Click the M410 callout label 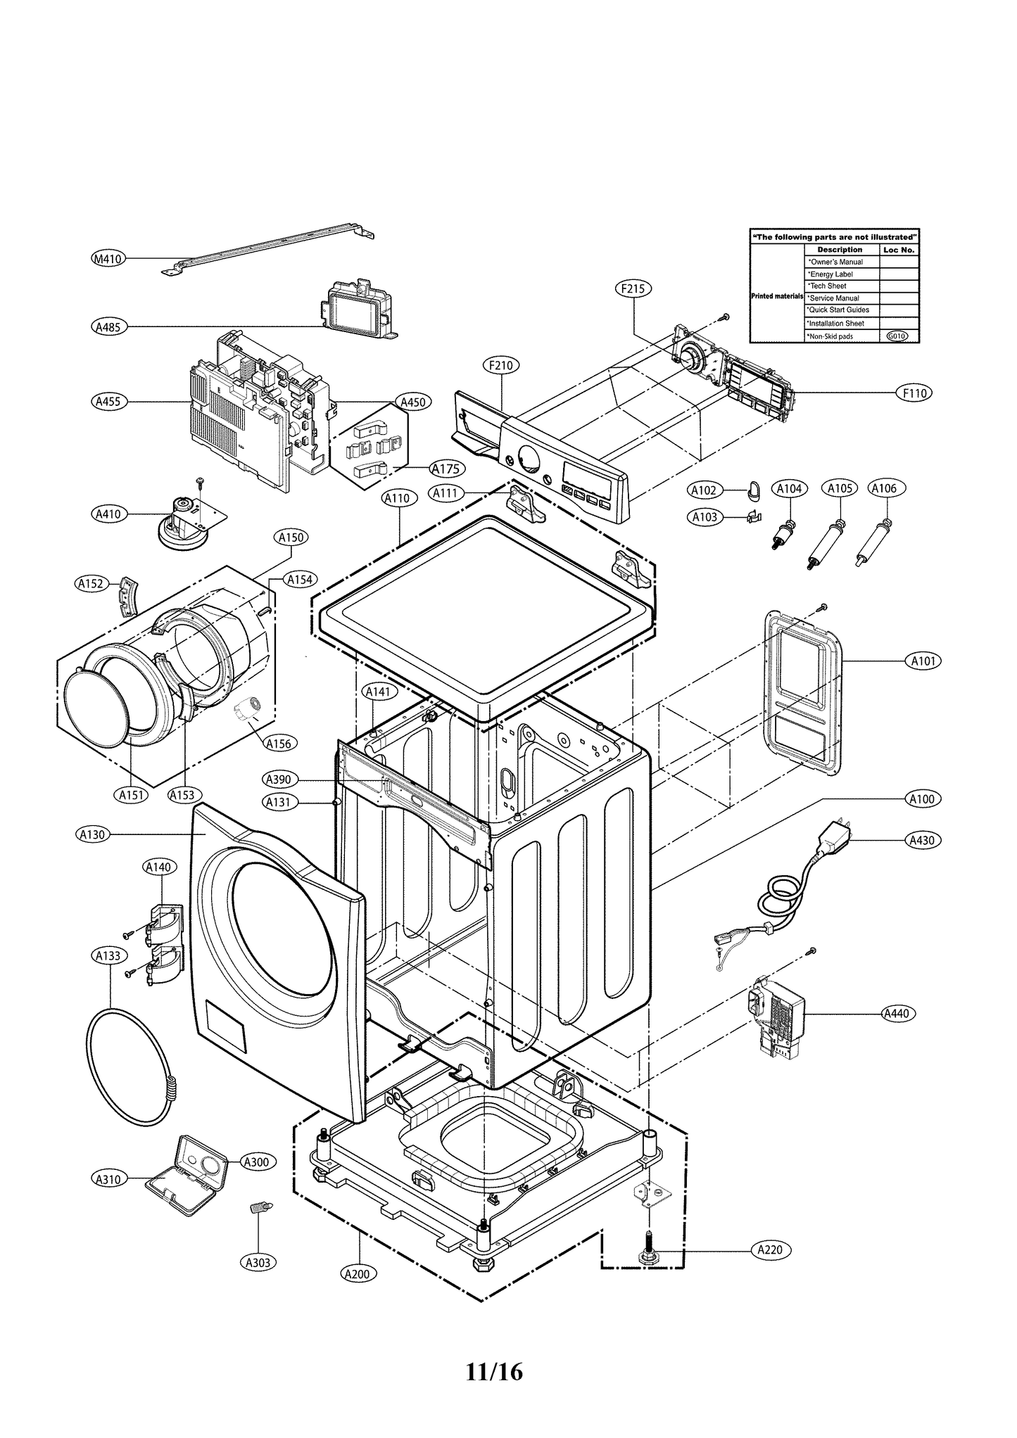tap(108, 259)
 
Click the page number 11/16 tap(494, 1372)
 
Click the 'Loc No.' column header tap(899, 250)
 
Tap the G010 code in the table tap(897, 336)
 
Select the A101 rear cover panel tap(802, 693)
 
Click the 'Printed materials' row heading tap(777, 296)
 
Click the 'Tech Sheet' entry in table tap(828, 286)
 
